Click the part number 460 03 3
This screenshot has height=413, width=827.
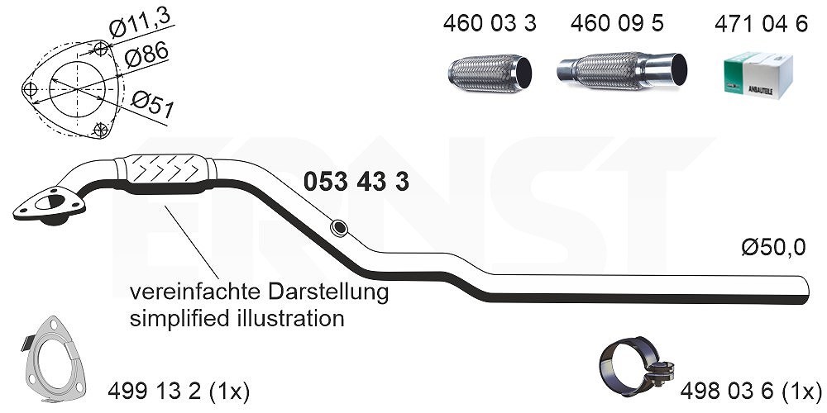point(490,24)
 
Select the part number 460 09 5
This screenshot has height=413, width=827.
point(617,24)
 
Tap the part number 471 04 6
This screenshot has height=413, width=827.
point(761,24)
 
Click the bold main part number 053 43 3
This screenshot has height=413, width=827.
point(356,182)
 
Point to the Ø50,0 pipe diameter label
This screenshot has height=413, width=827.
point(773,247)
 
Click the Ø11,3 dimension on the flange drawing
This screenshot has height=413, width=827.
point(141,24)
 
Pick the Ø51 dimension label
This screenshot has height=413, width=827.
point(153,104)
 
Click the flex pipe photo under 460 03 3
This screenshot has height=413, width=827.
point(490,73)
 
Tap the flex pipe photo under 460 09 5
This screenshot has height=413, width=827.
point(622,70)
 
